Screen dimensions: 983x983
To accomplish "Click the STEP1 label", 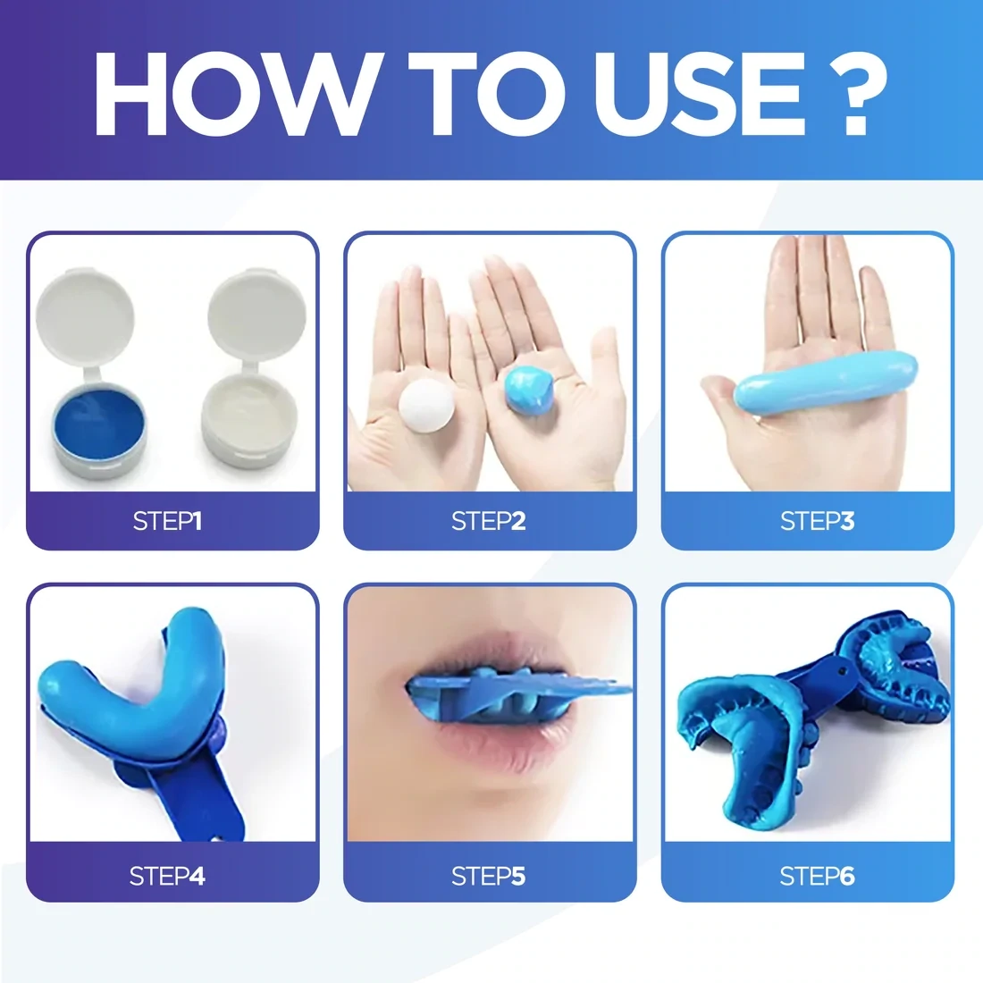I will pyautogui.click(x=167, y=521).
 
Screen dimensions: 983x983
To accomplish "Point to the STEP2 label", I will pyautogui.click(x=488, y=521).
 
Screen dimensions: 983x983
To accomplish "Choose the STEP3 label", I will pyautogui.click(x=817, y=521).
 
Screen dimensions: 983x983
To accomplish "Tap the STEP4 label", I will pyautogui.click(x=167, y=877).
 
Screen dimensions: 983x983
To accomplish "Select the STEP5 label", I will pyautogui.click(x=488, y=877).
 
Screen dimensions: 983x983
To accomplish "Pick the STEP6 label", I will pyautogui.click(x=817, y=877).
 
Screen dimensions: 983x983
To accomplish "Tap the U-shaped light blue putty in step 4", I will pyautogui.click(x=134, y=679).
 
